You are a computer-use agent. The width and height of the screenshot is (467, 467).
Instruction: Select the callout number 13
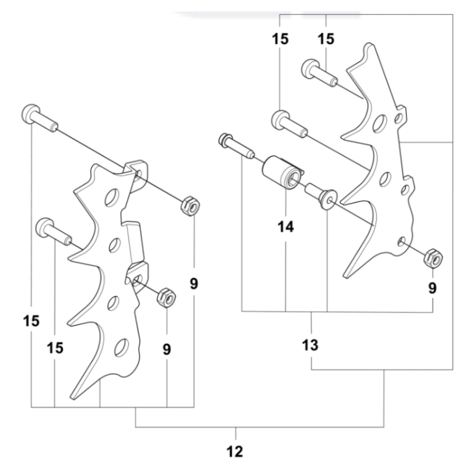(x=311, y=345)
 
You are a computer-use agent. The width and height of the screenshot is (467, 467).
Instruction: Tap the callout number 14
(x=285, y=227)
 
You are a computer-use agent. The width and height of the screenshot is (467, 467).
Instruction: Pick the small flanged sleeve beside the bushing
(x=320, y=193)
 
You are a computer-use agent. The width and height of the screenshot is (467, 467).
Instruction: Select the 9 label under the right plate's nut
(x=432, y=288)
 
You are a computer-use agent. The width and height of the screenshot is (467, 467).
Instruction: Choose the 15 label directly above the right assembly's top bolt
(x=326, y=39)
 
